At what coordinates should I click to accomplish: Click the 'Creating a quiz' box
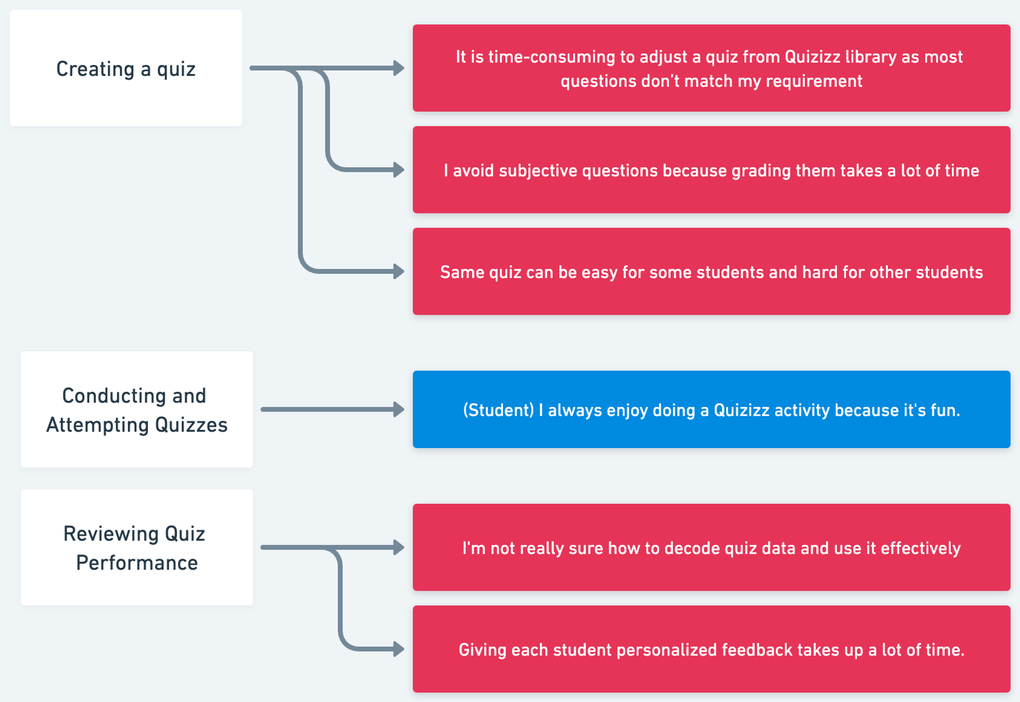[x=126, y=68]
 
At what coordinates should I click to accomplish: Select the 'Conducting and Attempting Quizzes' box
[x=137, y=409]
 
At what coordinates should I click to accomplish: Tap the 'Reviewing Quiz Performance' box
[x=137, y=547]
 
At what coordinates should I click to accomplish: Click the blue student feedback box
[x=711, y=409]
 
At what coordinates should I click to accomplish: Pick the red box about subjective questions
[x=711, y=170]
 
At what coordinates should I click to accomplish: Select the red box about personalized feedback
[x=711, y=649]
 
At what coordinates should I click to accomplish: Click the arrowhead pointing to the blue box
[x=399, y=409]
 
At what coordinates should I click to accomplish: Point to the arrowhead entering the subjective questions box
[x=399, y=170]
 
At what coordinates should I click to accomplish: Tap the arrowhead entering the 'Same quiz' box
[x=399, y=271]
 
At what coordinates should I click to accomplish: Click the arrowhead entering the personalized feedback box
[x=399, y=649]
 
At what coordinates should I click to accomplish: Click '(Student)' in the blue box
[x=498, y=410]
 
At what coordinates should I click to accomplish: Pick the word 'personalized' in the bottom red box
[x=666, y=650]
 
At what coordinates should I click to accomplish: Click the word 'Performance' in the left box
[x=137, y=563]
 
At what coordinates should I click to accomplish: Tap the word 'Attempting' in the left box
[x=97, y=425]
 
